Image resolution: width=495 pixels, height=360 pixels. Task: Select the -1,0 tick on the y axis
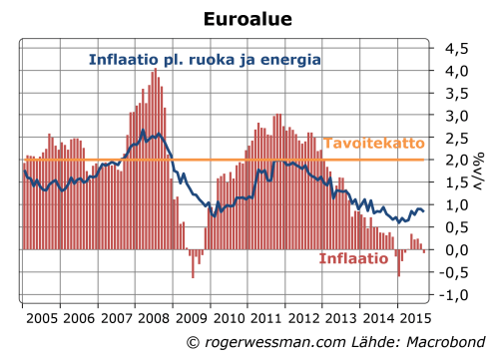[454, 295]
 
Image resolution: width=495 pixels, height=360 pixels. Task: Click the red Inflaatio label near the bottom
[353, 258]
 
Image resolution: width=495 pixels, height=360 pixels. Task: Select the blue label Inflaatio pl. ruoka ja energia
[205, 60]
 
